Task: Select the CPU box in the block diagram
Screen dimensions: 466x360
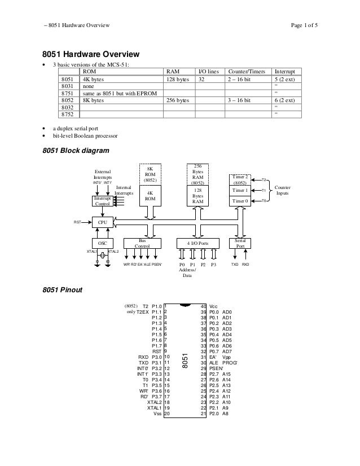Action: point(103,223)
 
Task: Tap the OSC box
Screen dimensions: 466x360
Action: point(103,244)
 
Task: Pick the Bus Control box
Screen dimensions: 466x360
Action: point(142,244)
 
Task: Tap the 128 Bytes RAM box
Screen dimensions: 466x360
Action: point(197,196)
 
